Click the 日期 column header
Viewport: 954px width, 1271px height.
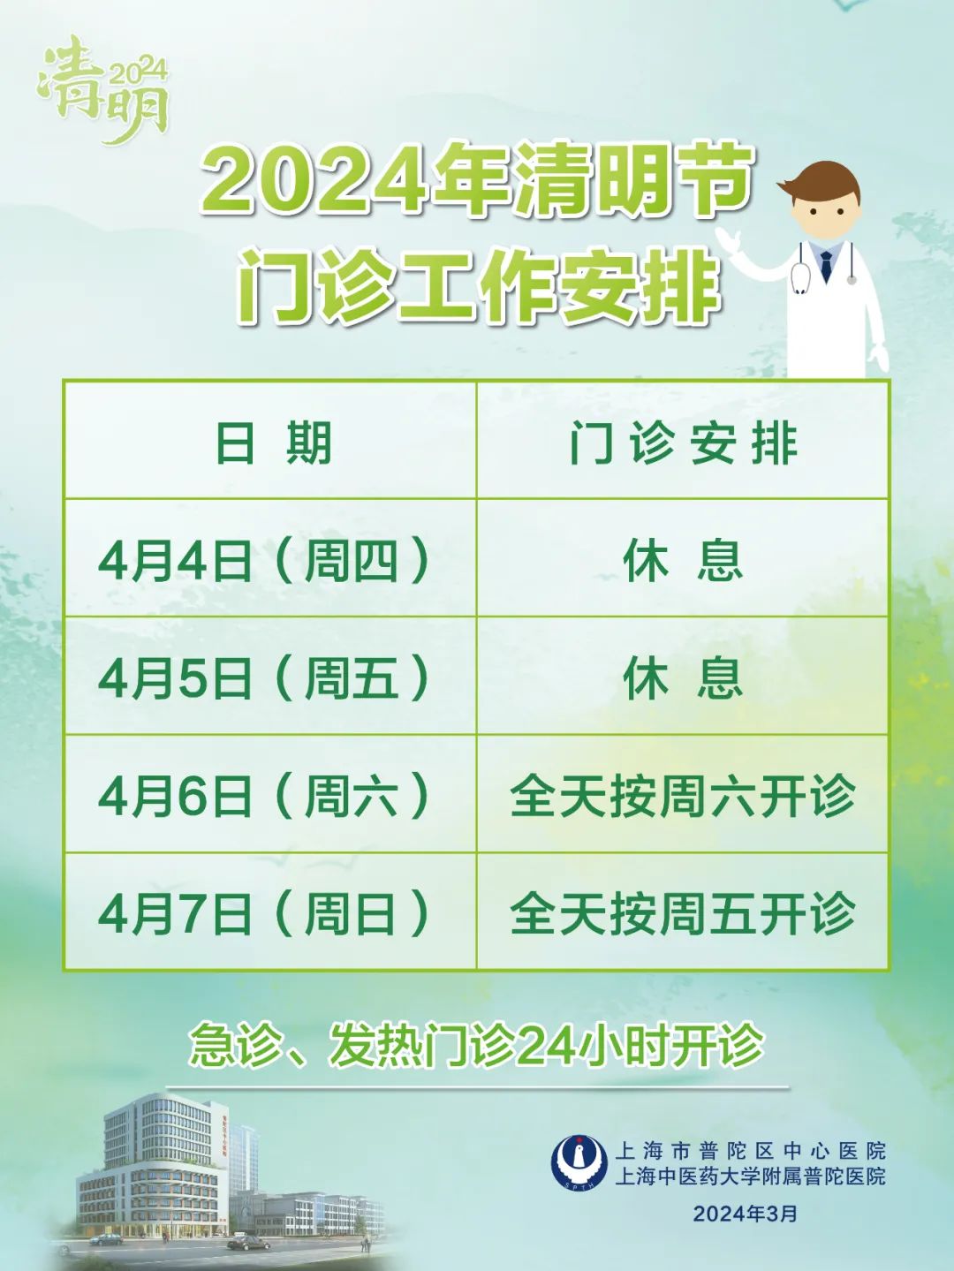[x=273, y=443]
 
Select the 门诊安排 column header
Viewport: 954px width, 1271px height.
[x=684, y=443]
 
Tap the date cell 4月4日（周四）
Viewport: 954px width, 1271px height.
[x=264, y=561]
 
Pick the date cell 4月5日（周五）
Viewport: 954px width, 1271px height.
[x=264, y=678]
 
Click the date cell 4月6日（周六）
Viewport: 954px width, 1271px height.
[x=264, y=796]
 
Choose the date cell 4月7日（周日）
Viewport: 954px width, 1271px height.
[x=264, y=914]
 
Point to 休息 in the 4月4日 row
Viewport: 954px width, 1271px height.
[x=683, y=561]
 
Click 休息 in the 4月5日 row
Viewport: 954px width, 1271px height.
[x=683, y=678]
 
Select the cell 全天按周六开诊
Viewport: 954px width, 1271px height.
[x=683, y=796]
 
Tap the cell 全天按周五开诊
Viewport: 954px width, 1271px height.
[x=683, y=914]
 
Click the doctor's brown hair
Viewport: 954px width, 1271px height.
[x=821, y=183]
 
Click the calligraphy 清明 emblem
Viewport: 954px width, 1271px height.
[x=103, y=90]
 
